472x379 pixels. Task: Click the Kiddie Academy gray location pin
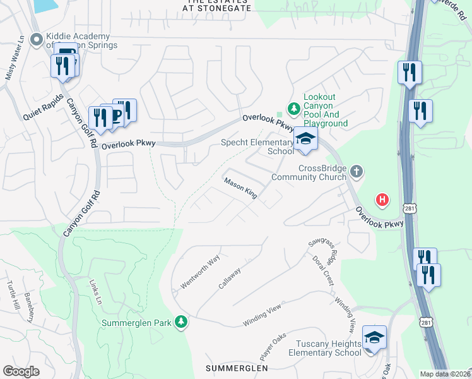[36, 40]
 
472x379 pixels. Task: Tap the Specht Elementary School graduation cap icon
[305, 140]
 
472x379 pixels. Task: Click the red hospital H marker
[382, 200]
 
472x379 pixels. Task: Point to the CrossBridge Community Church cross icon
[357, 171]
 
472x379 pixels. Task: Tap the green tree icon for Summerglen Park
[181, 322]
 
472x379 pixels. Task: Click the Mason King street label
[240, 188]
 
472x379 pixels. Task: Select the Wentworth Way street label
[200, 272]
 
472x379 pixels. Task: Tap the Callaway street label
[230, 279]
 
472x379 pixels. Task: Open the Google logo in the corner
[21, 371]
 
